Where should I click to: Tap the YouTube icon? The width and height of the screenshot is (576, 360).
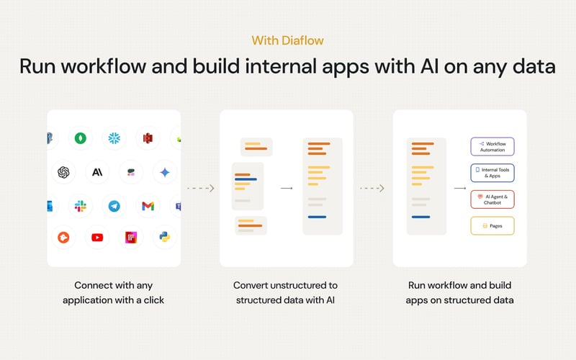96,237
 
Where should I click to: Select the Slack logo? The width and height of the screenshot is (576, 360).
80,206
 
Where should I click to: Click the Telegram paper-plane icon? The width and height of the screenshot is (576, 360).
114,206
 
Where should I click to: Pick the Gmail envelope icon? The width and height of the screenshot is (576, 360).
148,206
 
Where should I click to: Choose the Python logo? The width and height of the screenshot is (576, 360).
165,237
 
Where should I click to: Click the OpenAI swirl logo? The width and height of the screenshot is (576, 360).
63,172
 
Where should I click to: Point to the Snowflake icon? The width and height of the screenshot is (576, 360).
114,138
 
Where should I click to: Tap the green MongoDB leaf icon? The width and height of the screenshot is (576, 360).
80,138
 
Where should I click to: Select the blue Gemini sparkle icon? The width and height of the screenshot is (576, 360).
165,172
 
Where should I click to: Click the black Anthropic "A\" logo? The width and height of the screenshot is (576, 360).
96,172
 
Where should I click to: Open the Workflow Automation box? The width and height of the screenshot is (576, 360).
492,147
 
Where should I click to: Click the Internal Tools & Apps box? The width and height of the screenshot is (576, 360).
492,173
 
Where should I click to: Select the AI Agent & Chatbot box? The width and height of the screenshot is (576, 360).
492,199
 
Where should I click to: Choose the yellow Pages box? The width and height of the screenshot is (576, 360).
492,226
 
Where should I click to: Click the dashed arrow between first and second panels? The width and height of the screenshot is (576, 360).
200,189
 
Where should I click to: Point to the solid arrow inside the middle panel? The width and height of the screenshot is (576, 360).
287,189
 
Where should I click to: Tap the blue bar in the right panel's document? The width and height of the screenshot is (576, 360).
420,217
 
